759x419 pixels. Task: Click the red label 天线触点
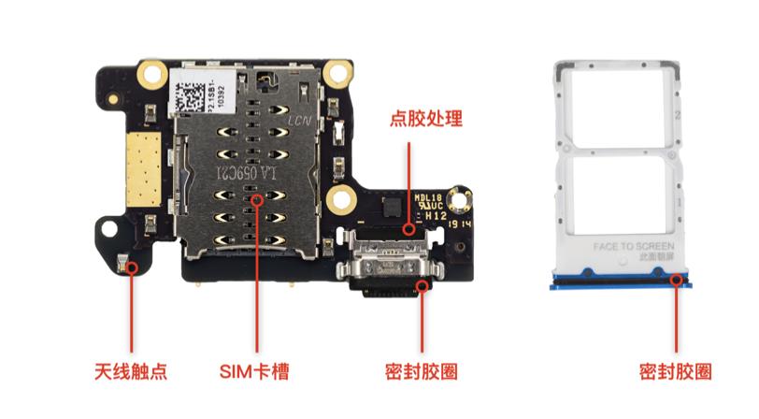click(x=131, y=370)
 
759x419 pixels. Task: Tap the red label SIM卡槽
click(x=254, y=370)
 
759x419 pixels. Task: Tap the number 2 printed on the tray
click(x=679, y=114)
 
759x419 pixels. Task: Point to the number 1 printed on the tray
click(x=679, y=200)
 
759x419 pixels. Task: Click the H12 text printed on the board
click(x=436, y=214)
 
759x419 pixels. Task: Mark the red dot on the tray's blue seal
click(x=676, y=277)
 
